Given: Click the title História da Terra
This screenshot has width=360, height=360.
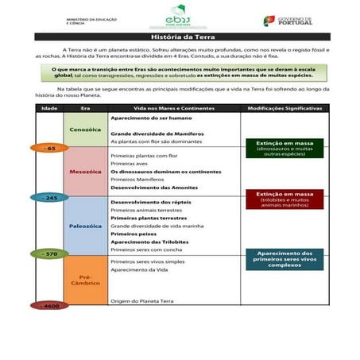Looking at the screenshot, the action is point(179,37).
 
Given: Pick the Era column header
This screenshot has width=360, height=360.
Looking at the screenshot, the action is point(85,106).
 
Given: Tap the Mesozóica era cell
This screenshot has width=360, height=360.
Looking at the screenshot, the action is point(85,170).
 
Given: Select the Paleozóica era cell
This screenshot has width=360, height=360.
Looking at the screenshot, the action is point(85,226).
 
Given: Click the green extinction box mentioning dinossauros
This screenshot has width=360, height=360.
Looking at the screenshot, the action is point(285,148).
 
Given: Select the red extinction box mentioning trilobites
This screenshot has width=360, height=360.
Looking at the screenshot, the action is point(285,198).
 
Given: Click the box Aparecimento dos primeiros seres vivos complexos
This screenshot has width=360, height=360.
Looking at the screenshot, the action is point(285,258).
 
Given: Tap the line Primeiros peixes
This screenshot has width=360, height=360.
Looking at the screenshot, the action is point(131,234).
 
